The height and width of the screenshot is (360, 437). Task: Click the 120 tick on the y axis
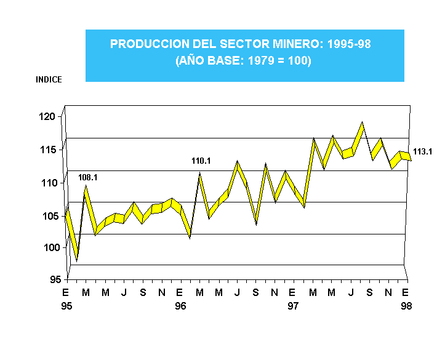(x=49, y=116)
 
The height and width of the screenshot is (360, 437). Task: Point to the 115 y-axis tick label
(x=49, y=150)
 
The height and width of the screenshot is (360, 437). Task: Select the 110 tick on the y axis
(x=49, y=183)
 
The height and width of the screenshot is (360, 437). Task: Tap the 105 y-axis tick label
(x=49, y=215)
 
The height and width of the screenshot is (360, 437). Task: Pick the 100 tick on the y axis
(x=49, y=247)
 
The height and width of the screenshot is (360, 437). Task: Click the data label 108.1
(x=88, y=177)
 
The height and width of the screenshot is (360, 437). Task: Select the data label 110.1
(x=201, y=161)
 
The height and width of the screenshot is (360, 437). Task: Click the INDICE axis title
(x=49, y=79)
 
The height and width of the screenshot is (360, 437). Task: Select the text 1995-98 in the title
(x=349, y=44)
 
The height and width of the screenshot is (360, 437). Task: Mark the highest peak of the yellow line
(x=363, y=123)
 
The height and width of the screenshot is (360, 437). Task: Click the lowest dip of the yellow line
(x=76, y=260)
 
